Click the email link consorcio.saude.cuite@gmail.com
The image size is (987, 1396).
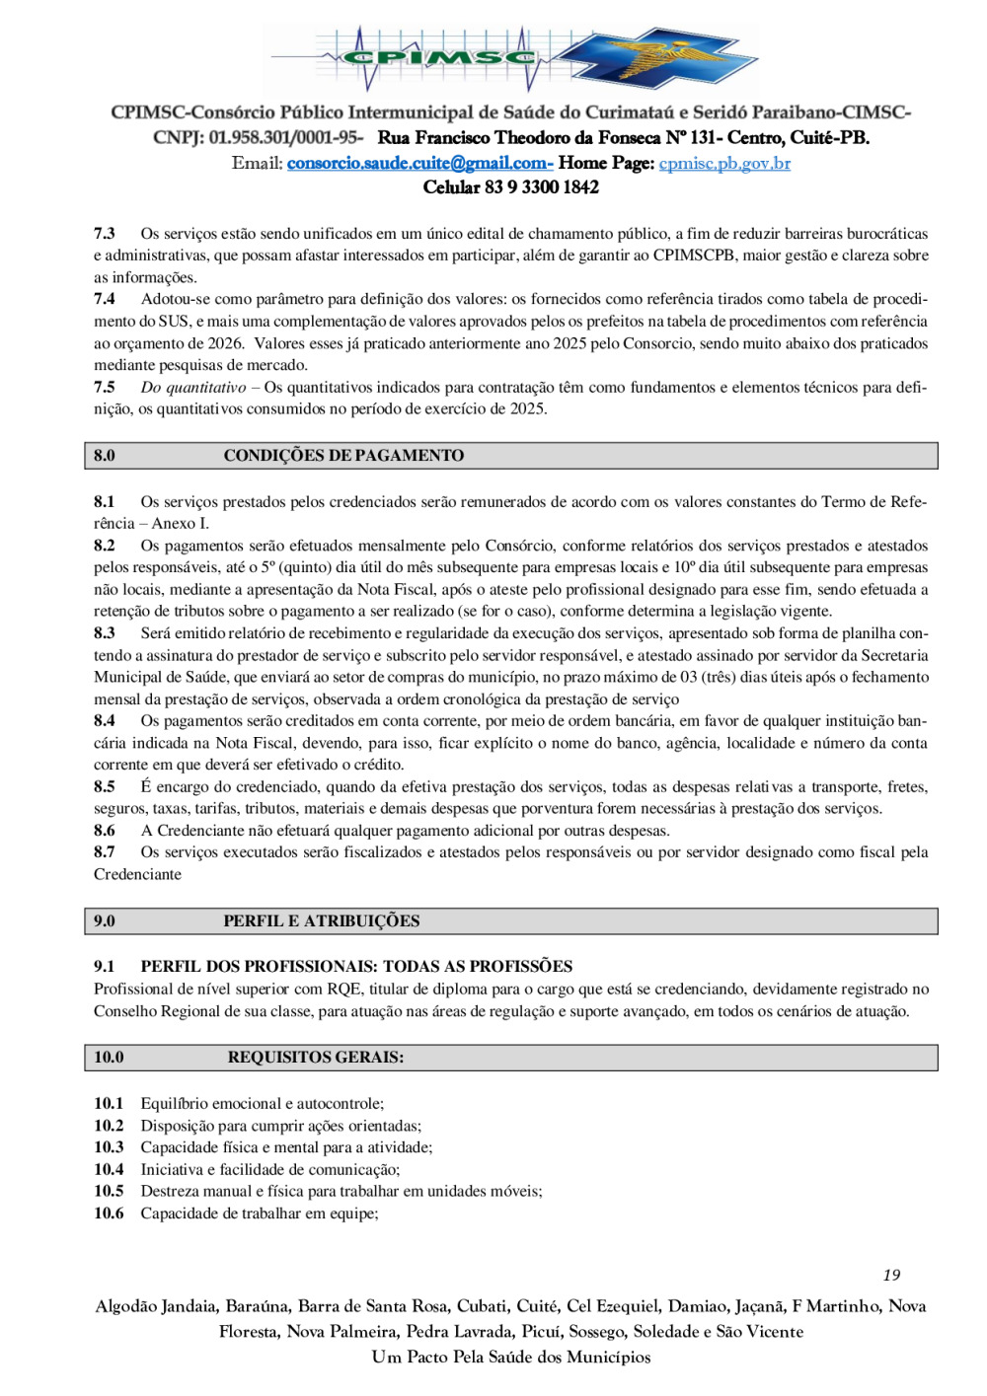418,163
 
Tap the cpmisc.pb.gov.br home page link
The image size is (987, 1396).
724,163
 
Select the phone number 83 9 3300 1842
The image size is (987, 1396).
542,187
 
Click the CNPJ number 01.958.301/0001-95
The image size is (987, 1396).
285,138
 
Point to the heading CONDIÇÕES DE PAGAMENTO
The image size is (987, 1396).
343,456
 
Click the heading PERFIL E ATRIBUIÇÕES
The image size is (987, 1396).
321,921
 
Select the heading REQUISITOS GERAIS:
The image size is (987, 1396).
316,1058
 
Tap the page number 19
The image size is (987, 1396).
891,1275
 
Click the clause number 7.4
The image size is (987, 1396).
105,299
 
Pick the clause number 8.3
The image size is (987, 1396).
105,633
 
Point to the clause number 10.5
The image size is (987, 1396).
109,1192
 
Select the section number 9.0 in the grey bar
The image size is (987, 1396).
105,921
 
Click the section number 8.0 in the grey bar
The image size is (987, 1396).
105,456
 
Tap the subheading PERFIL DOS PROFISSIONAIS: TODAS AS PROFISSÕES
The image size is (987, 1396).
356,967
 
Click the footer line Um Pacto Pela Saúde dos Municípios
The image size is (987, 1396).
511,1358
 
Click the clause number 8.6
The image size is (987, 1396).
105,831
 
